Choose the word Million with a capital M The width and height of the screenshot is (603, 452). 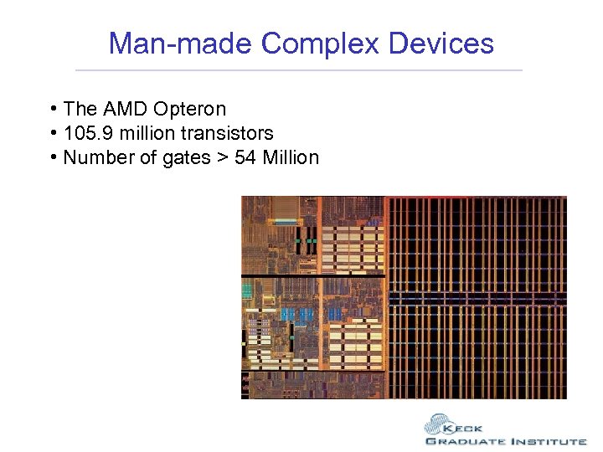[x=291, y=157]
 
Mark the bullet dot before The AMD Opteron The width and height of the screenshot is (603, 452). [x=53, y=110]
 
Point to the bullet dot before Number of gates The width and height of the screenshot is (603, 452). [x=53, y=157]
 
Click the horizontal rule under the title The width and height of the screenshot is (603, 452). [x=299, y=69]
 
